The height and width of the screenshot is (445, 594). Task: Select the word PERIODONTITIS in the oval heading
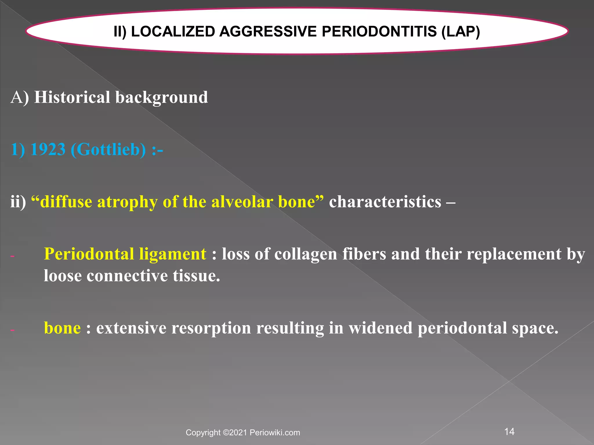click(x=379, y=32)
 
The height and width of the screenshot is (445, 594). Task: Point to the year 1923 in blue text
click(x=48, y=150)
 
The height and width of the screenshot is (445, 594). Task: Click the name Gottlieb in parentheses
click(x=108, y=150)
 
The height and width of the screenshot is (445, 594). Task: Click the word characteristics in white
click(x=385, y=202)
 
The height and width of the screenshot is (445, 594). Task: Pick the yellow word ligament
click(x=172, y=254)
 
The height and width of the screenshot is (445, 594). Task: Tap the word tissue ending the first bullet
click(x=196, y=276)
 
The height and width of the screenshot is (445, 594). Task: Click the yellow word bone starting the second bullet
click(x=62, y=328)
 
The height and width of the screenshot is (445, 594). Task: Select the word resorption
click(x=211, y=328)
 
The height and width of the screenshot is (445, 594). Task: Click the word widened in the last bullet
click(x=380, y=328)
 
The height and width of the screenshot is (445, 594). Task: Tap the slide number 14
click(x=509, y=432)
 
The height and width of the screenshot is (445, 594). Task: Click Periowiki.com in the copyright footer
click(x=275, y=433)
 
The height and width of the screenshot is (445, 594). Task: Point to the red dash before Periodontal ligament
click(x=12, y=256)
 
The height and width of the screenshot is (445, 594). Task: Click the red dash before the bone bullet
click(x=12, y=330)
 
